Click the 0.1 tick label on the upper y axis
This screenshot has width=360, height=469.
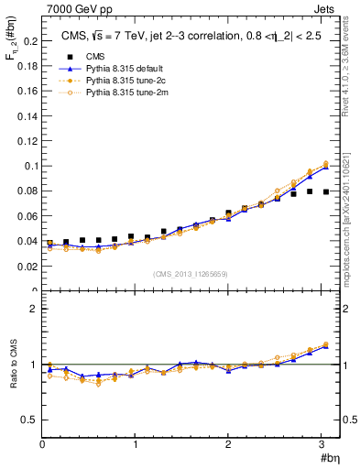click(29, 167)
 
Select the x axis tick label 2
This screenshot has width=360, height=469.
click(229, 444)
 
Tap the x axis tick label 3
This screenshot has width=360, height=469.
click(322, 444)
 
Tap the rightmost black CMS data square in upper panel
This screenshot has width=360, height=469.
click(326, 192)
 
